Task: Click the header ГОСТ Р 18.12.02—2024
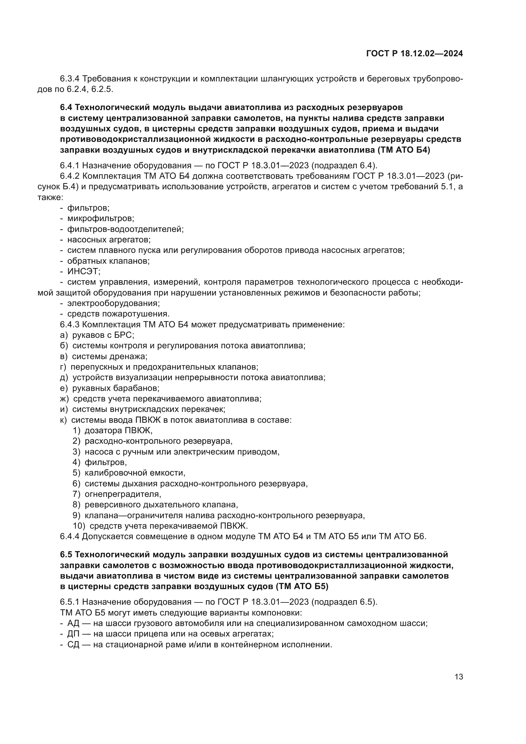click(x=415, y=53)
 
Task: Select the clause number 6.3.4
click(x=70, y=79)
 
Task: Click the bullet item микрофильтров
click(x=100, y=219)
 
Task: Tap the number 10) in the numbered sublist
click(x=78, y=526)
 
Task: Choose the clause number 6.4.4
click(x=70, y=537)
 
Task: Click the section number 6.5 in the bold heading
click(x=66, y=555)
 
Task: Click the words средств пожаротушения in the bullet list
click(x=118, y=314)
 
